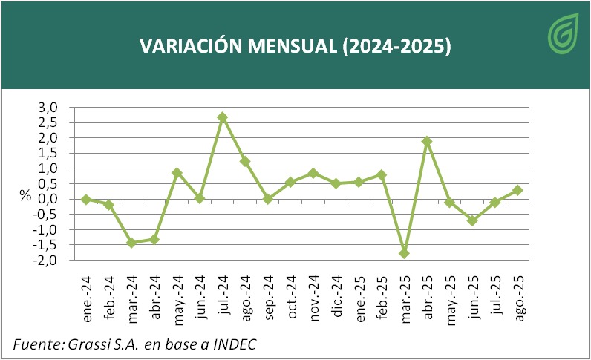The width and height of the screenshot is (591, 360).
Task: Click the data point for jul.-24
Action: click(x=222, y=117)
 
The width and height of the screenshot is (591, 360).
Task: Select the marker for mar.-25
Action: click(x=404, y=253)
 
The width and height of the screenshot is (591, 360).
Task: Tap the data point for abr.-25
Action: click(x=427, y=141)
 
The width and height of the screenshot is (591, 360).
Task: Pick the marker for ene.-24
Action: click(x=86, y=199)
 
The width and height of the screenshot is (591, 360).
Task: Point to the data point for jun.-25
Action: click(x=472, y=220)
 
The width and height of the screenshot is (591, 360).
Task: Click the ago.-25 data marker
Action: click(x=517, y=190)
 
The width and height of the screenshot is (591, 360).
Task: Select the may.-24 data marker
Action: click(x=177, y=173)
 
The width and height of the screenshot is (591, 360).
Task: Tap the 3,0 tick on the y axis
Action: click(x=48, y=107)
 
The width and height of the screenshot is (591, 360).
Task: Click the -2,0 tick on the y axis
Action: click(x=46, y=261)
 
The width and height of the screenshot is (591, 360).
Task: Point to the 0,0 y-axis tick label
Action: click(x=48, y=199)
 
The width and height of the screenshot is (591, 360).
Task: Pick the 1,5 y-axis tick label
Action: click(x=48, y=153)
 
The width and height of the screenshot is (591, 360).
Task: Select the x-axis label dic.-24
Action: click(x=336, y=296)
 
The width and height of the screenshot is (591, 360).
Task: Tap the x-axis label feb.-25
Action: click(x=382, y=297)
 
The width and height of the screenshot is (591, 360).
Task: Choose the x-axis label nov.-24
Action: click(x=313, y=297)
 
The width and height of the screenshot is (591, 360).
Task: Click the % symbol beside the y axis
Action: click(x=25, y=197)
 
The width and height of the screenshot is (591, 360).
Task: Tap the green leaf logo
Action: click(x=562, y=35)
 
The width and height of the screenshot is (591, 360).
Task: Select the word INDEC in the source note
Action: click(x=236, y=344)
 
